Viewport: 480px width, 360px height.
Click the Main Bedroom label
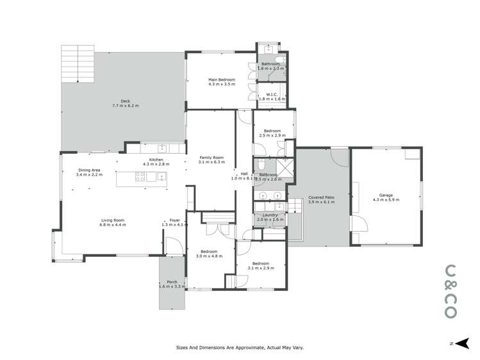221,79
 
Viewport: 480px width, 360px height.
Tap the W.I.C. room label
271,95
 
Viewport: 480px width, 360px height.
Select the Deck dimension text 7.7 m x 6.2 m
126,105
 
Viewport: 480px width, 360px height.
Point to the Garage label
386,195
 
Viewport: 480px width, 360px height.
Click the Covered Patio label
321,197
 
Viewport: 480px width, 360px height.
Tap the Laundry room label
270,215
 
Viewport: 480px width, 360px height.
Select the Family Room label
211,158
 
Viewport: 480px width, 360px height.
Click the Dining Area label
89,170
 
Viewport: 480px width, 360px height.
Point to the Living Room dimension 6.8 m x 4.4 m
113,225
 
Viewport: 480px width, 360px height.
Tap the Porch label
172,282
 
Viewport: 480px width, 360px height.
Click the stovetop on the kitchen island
139,179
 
